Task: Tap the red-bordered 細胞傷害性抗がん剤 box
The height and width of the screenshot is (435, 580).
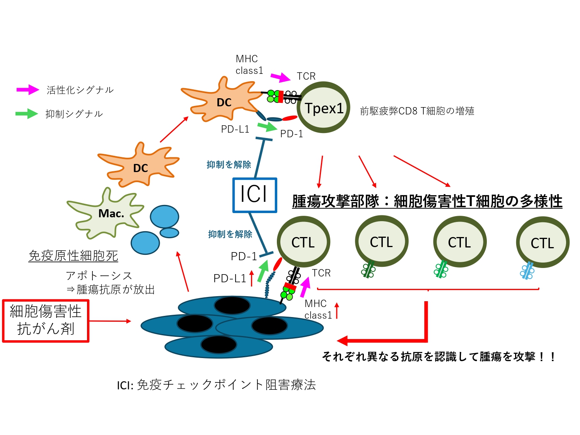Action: (46, 321)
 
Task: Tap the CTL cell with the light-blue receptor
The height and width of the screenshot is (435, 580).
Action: (542, 242)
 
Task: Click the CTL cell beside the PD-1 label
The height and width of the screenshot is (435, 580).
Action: (304, 242)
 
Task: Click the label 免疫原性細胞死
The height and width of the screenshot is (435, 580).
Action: (73, 256)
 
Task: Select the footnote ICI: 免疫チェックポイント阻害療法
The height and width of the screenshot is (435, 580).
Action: (217, 385)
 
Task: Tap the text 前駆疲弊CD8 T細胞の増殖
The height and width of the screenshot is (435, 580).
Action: (417, 111)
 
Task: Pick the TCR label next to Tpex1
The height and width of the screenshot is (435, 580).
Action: (306, 76)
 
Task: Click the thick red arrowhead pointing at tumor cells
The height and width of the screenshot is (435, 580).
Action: (343, 341)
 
